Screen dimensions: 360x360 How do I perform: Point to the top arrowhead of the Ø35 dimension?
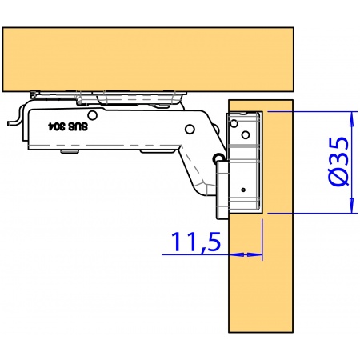[353, 116]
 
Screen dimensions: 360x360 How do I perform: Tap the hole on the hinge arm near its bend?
[190, 128]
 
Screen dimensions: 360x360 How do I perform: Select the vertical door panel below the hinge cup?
[262, 280]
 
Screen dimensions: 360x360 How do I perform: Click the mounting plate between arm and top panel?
[112, 96]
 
